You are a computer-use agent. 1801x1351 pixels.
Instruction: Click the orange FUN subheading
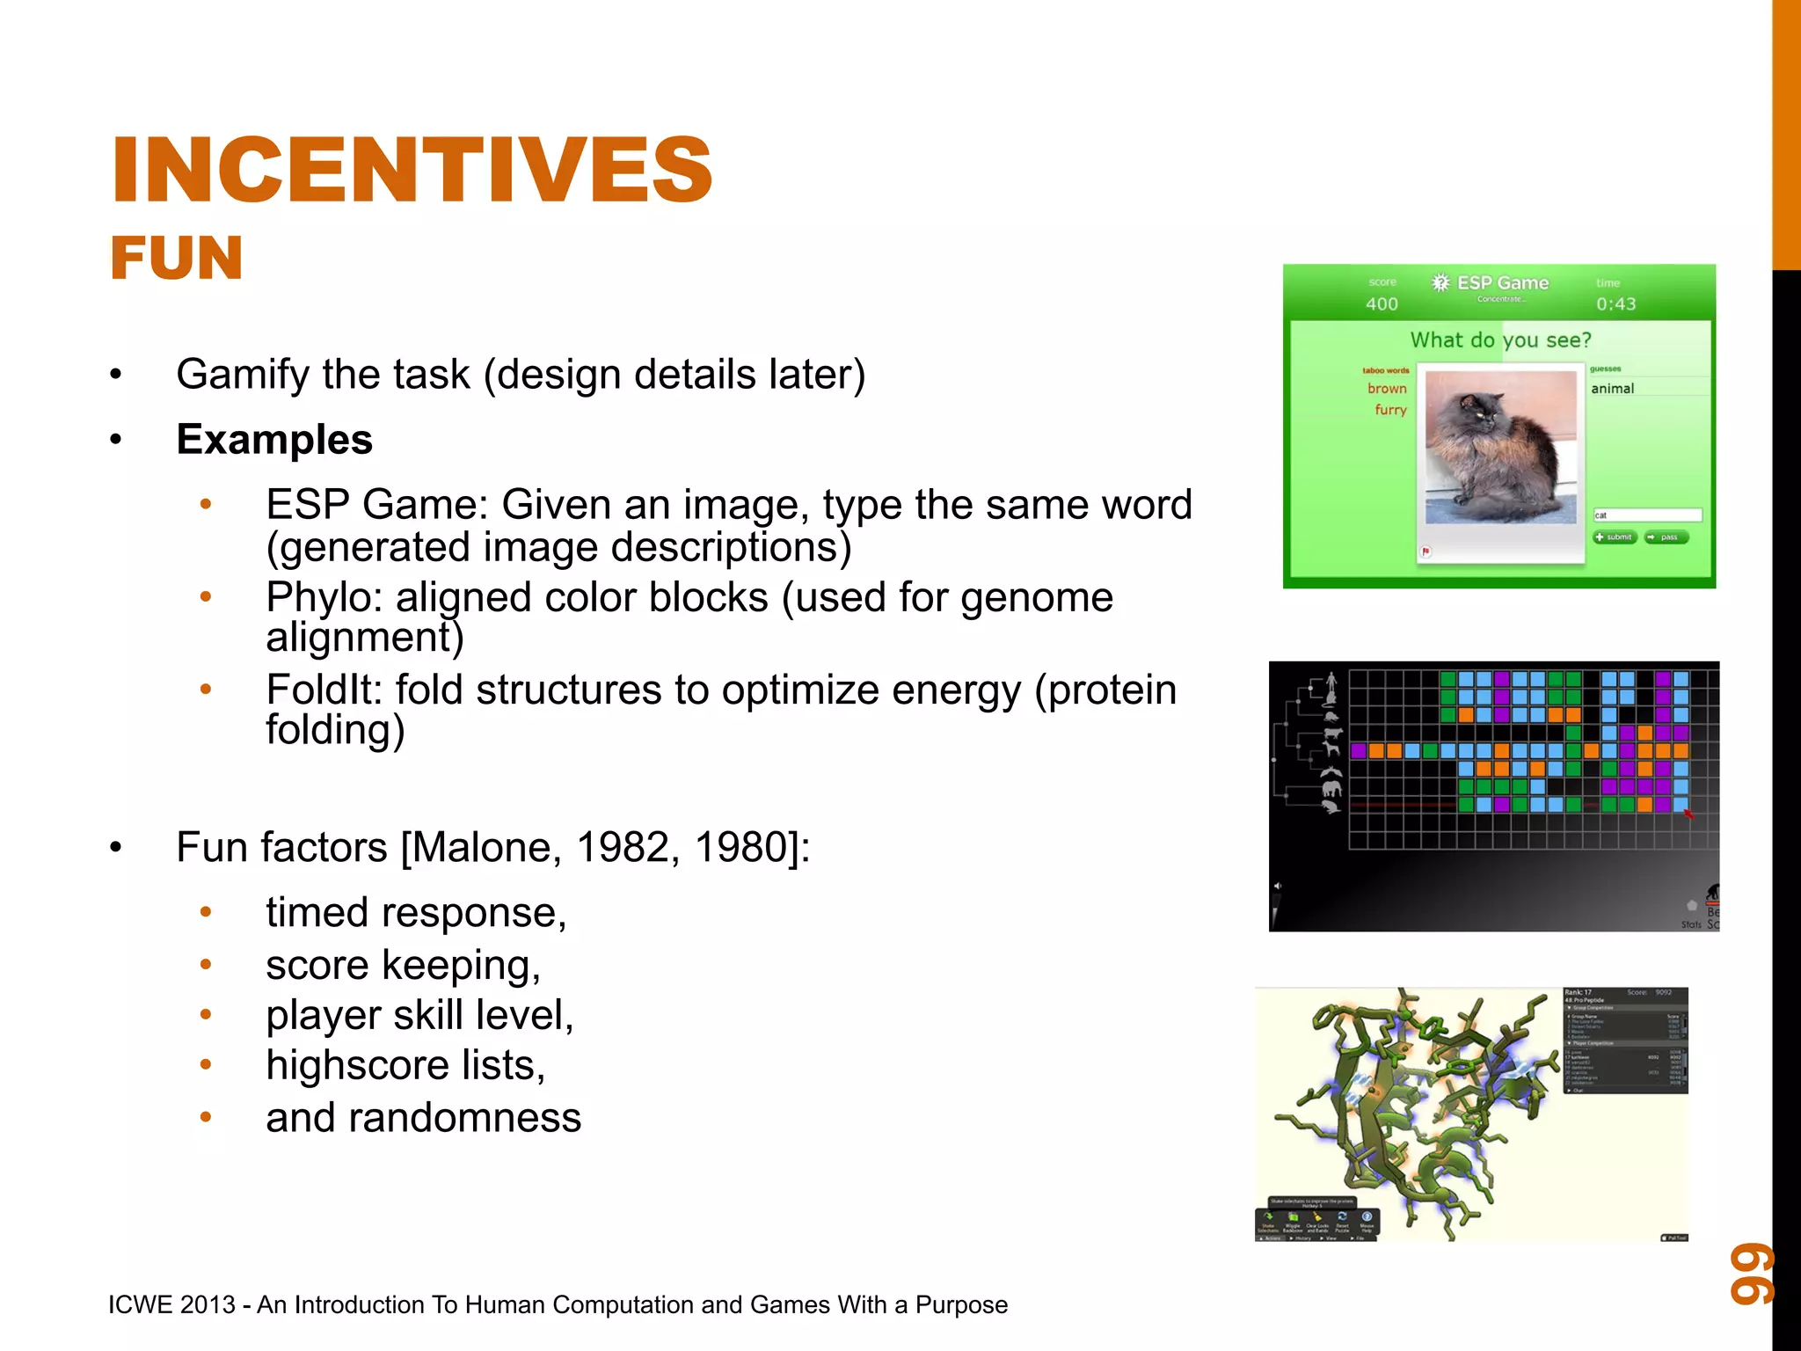pyautogui.click(x=176, y=259)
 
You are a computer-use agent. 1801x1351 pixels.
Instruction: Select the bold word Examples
pyautogui.click(x=274, y=439)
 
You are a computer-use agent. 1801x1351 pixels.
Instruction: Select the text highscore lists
pyautogui.click(x=405, y=1065)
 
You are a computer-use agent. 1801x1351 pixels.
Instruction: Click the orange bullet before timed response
pyautogui.click(x=206, y=912)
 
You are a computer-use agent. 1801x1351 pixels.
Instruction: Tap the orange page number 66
pyautogui.click(x=1752, y=1273)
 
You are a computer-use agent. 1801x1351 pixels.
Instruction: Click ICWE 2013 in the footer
pyautogui.click(x=172, y=1304)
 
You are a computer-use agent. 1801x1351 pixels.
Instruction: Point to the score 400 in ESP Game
pyautogui.click(x=1382, y=303)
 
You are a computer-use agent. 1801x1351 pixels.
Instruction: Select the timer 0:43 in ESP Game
pyautogui.click(x=1615, y=303)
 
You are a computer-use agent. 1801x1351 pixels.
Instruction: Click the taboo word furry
pyautogui.click(x=1390, y=410)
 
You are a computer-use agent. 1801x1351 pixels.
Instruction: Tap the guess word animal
pyautogui.click(x=1612, y=388)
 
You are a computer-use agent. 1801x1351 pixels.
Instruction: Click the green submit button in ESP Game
pyautogui.click(x=1615, y=537)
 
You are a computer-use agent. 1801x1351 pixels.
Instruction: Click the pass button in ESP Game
pyautogui.click(x=1666, y=537)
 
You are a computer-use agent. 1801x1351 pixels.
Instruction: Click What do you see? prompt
pyautogui.click(x=1500, y=340)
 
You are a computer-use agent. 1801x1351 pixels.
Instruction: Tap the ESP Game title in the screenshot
pyautogui.click(x=1501, y=282)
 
